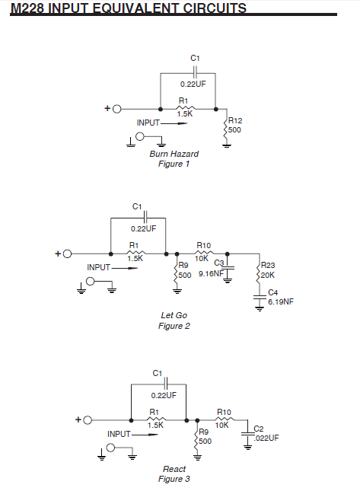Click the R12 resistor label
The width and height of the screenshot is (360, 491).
point(235,120)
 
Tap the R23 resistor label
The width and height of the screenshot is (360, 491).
point(268,265)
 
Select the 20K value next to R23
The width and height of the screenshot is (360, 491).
point(268,276)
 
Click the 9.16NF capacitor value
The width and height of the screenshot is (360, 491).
point(212,274)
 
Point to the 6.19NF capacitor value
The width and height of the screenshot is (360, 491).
point(281,302)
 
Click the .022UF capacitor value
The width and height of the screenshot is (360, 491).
point(266,438)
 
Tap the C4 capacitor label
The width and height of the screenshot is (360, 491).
point(273,292)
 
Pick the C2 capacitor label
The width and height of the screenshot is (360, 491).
point(259,429)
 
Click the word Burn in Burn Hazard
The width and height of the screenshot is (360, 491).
point(157,154)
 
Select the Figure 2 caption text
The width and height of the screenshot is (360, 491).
point(174,326)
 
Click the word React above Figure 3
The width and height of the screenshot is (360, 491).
point(174,469)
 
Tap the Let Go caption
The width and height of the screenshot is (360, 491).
point(174,315)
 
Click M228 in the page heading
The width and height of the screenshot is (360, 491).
point(27,8)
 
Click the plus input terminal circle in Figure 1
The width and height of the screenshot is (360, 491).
point(116,109)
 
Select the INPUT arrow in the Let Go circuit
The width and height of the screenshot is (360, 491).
point(125,268)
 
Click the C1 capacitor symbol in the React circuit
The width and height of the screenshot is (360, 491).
point(166,384)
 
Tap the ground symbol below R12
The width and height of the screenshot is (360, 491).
point(227,145)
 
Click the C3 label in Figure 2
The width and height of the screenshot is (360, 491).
point(219,263)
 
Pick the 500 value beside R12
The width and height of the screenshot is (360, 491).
point(234,130)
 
